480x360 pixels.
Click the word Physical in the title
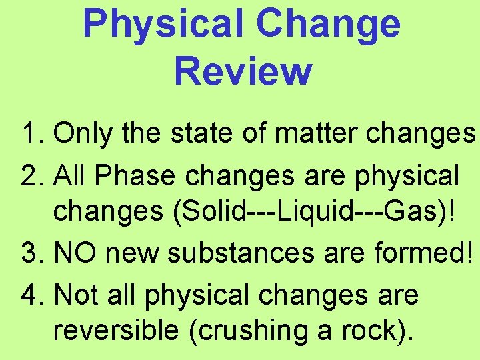click(x=163, y=24)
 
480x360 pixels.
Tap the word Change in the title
click(x=328, y=24)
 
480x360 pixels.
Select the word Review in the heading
click(x=243, y=71)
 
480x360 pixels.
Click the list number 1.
click(x=33, y=135)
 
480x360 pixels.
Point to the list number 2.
click(x=33, y=176)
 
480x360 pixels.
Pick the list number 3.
click(x=33, y=253)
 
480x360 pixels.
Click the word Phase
click(x=137, y=176)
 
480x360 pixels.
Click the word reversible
click(x=117, y=331)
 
